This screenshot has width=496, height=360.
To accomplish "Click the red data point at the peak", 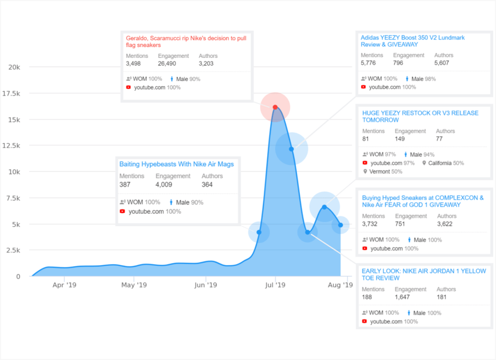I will [x=275, y=107].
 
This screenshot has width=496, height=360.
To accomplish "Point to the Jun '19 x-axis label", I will [x=206, y=285].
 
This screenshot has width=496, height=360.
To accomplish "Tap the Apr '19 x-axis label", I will [x=64, y=285].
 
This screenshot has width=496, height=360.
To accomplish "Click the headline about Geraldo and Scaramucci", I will [x=186, y=41].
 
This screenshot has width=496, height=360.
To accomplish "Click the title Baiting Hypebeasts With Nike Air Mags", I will [x=176, y=164].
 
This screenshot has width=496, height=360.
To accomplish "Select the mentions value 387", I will [x=125, y=184].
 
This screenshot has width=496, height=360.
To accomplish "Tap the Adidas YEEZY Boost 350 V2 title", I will [x=413, y=41].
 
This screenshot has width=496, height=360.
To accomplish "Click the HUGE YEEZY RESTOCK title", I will [x=420, y=116].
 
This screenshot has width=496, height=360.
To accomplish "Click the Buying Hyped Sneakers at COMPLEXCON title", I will [x=423, y=201].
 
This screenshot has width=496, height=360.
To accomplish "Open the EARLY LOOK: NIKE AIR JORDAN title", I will [x=424, y=274].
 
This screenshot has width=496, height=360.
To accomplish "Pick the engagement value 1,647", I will [x=403, y=297].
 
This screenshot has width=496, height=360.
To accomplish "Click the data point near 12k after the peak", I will [x=291, y=149].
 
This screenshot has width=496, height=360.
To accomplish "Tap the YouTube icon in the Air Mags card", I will [x=122, y=212].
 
